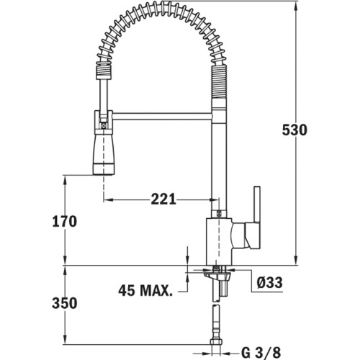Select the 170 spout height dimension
[65, 221]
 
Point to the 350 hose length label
[65, 303]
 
